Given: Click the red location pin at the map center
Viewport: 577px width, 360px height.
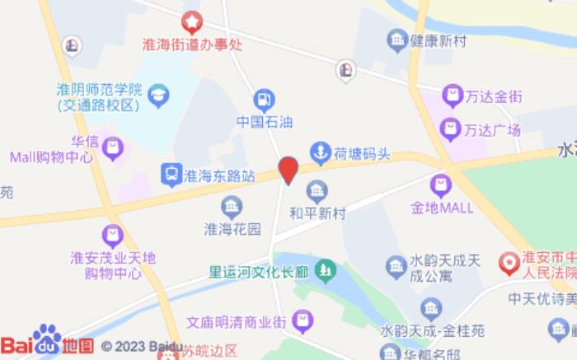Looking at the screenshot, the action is [288, 170].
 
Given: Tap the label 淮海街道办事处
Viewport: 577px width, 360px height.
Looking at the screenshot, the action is [192, 46].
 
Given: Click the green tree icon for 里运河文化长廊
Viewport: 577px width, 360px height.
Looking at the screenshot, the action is [327, 269].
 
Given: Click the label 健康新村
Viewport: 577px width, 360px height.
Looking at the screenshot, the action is [438, 39].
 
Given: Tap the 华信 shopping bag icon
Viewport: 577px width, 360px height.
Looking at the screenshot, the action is [112, 147].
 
